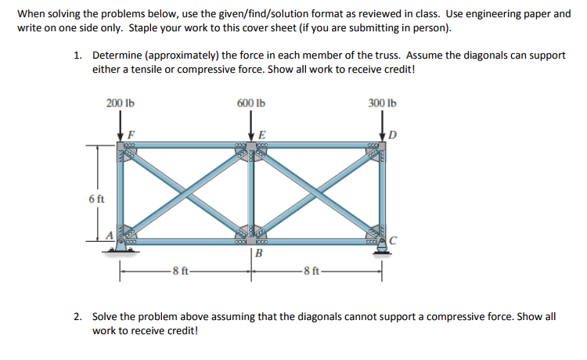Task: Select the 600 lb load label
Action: pyautogui.click(x=250, y=103)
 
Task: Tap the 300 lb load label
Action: pyautogui.click(x=382, y=103)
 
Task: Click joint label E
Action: pyautogui.click(x=261, y=134)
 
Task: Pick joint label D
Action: pyautogui.click(x=394, y=134)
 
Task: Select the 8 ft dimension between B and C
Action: pyautogui.click(x=313, y=272)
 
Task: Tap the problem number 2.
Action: pyautogui.click(x=77, y=317)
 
